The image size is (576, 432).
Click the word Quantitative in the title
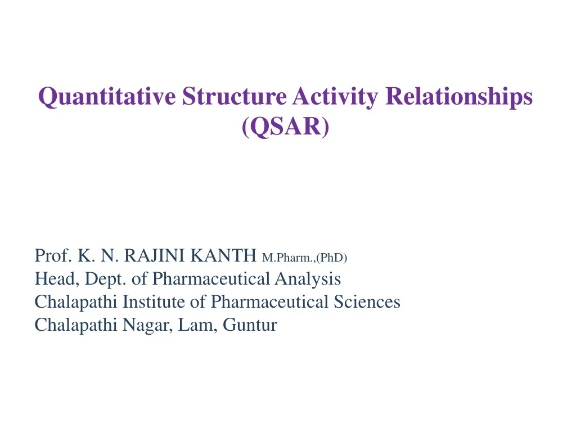pyautogui.click(x=106, y=97)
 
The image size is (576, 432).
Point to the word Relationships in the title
pyautogui.click(x=458, y=97)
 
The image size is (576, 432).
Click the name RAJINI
pyautogui.click(x=155, y=256)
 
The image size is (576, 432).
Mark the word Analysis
pyautogui.click(x=308, y=279)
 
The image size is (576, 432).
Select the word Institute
pyautogui.click(x=154, y=302)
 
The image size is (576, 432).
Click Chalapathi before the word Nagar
pyautogui.click(x=76, y=325)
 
